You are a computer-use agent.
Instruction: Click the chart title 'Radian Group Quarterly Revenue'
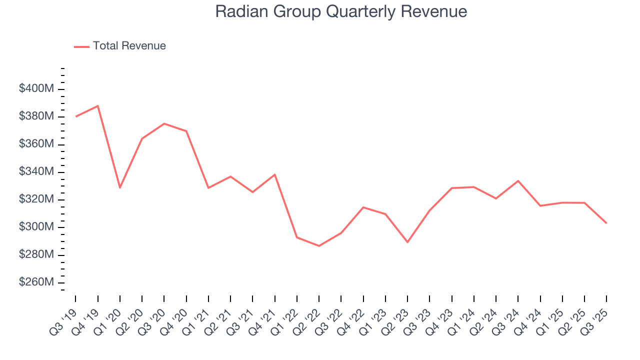341,11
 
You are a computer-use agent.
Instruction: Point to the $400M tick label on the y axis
36,89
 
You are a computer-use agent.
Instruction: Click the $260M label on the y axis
36,282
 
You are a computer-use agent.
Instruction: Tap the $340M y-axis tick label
36,172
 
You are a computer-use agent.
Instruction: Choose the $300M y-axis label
36,227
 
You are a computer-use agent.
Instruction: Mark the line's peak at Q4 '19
98,106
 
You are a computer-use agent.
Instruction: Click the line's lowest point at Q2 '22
319,245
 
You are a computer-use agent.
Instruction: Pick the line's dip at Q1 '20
120,187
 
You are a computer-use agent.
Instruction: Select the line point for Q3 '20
164,123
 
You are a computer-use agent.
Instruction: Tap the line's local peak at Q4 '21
275,174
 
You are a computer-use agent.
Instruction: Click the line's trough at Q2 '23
407,242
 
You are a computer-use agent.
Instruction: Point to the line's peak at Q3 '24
518,180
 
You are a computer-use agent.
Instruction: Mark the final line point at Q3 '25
606,223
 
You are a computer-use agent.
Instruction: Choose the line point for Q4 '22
363,207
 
